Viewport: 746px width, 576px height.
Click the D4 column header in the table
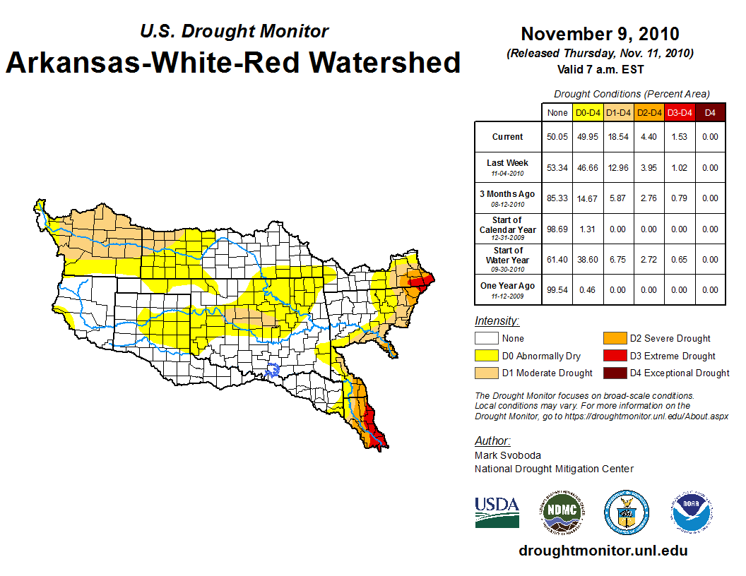pos(710,112)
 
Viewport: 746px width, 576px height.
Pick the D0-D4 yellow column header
pos(588,112)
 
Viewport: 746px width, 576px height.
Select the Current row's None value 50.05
pos(557,137)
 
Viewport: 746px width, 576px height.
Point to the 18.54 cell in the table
pos(618,137)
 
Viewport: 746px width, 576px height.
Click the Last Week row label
pos(507,163)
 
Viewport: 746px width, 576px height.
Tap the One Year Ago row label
pos(507,286)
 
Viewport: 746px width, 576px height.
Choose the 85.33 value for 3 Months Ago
pos(557,198)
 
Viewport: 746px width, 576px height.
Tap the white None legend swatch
pos(487,339)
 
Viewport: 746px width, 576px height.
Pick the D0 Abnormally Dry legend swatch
pos(487,356)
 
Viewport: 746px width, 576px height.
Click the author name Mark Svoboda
pos(508,455)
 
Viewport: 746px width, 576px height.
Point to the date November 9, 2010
pos(600,34)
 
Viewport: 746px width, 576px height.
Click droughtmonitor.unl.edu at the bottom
pos(603,551)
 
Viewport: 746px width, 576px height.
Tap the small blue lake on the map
pos(273,368)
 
